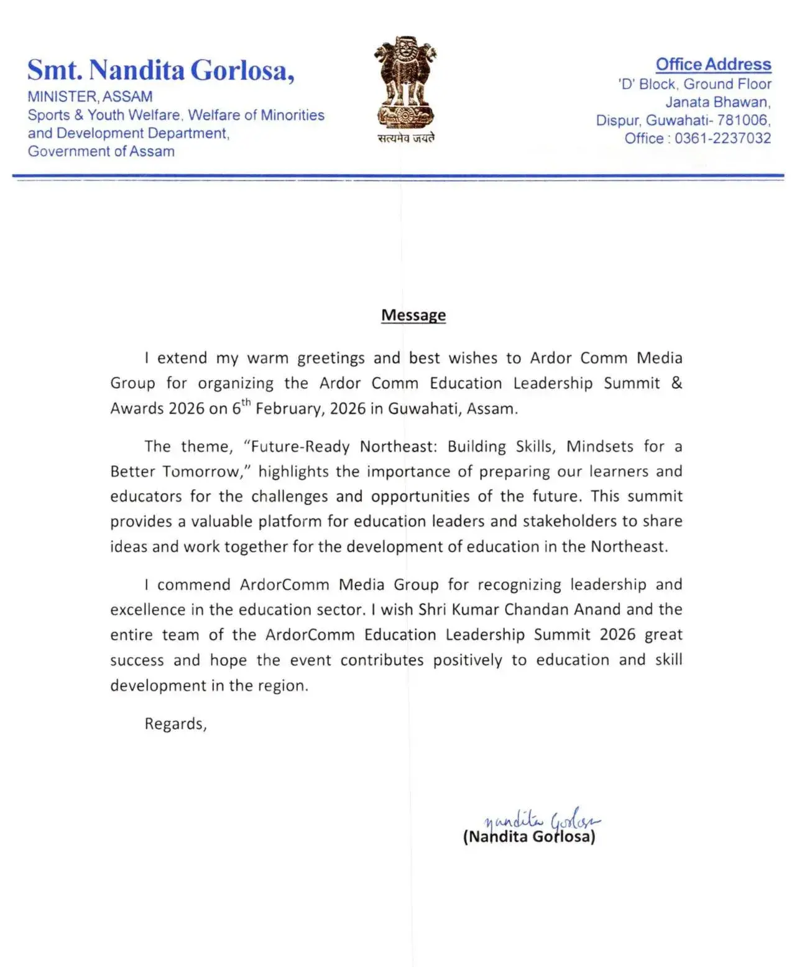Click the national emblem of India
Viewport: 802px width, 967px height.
point(405,82)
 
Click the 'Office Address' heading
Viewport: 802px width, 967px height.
point(713,64)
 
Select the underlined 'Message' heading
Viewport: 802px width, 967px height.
point(413,315)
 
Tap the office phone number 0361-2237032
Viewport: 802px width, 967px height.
point(722,138)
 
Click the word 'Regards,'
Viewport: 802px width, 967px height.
point(175,724)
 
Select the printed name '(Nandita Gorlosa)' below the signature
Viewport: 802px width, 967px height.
point(529,837)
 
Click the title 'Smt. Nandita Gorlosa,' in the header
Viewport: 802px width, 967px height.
point(160,70)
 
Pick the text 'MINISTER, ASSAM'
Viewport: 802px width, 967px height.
point(90,96)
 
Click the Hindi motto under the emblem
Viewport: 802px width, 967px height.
point(406,138)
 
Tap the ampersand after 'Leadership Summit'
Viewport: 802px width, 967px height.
point(676,383)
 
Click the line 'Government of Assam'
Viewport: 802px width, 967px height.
point(101,151)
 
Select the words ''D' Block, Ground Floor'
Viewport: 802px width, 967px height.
point(694,84)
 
